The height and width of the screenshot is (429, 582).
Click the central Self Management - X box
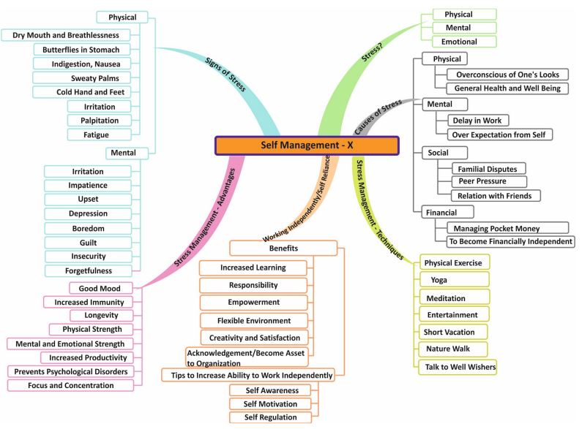coord(306,145)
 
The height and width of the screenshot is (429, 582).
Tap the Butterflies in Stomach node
coord(86,49)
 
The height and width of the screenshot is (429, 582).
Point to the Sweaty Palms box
coord(95,77)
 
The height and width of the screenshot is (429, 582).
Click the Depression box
coord(89,213)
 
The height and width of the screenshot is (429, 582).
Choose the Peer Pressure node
coord(482,181)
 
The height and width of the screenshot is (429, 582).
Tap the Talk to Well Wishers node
coord(460,366)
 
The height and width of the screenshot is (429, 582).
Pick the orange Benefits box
coord(283,248)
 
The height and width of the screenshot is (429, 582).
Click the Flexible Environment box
coord(254,320)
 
